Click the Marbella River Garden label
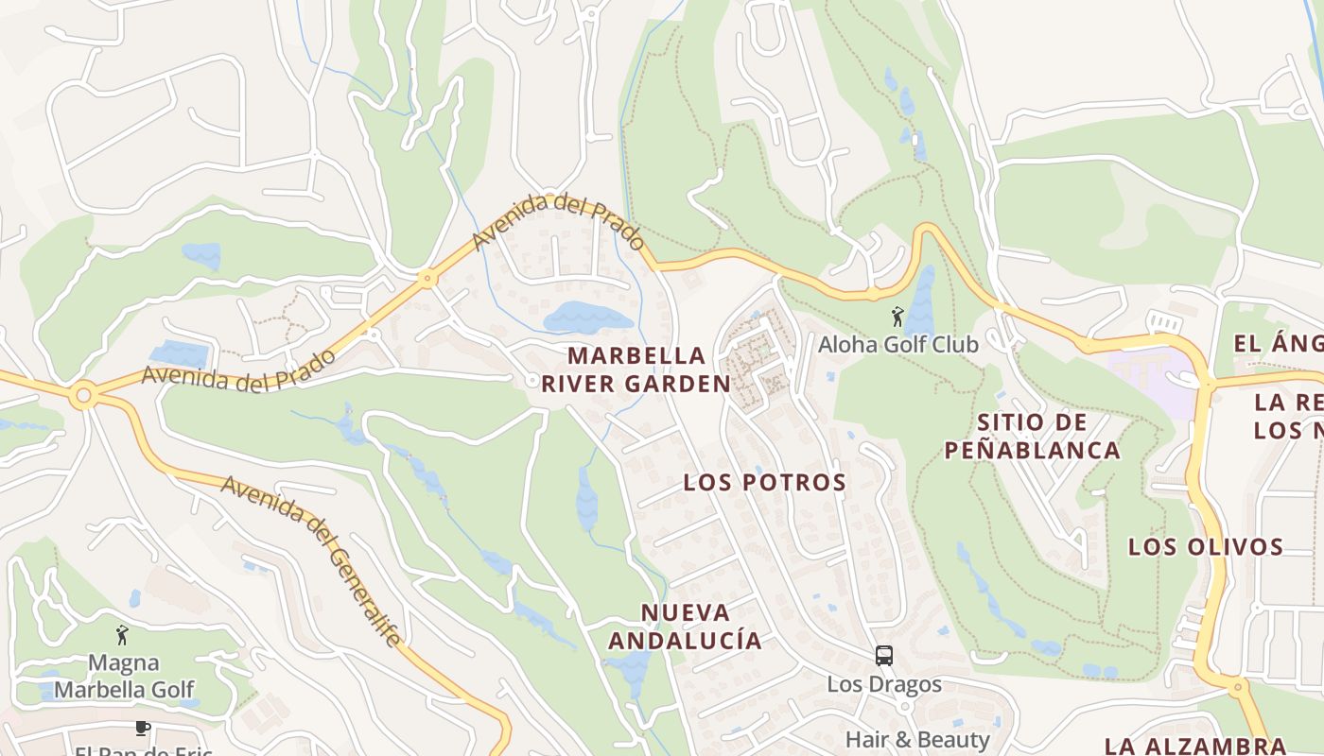tap(636, 369)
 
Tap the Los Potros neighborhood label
tap(764, 482)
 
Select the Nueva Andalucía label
tap(685, 626)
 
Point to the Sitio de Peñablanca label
tap(1033, 436)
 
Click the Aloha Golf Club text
tap(897, 345)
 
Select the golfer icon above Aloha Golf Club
tap(897, 317)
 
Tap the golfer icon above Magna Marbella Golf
tap(122, 635)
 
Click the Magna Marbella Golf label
tap(123, 677)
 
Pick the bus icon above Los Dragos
tap(884, 655)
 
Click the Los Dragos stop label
tap(884, 684)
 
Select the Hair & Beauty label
tap(916, 739)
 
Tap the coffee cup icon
tap(142, 728)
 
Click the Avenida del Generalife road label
tap(311, 558)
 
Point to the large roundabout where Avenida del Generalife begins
tap(83, 395)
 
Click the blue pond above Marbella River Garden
tap(586, 318)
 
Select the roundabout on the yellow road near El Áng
tap(1206, 383)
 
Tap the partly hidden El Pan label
tap(143, 750)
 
